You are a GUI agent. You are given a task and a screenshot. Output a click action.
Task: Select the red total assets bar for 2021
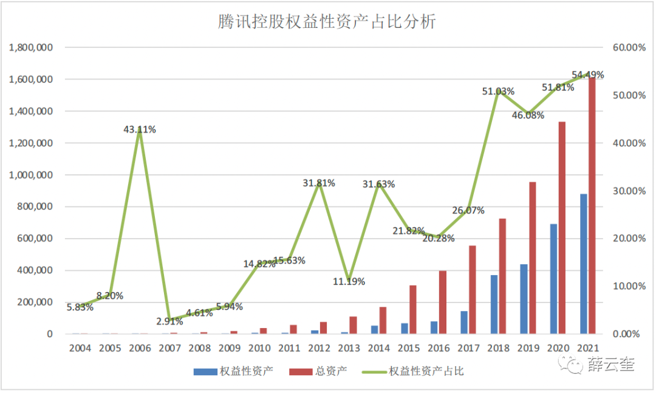click(x=592, y=207)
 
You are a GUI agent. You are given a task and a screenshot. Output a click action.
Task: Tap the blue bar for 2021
click(x=584, y=264)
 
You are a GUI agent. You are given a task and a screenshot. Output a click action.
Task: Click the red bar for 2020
click(x=562, y=228)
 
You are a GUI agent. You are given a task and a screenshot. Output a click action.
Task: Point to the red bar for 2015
click(x=412, y=310)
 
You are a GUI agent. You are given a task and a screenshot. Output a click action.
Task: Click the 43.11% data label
click(x=139, y=129)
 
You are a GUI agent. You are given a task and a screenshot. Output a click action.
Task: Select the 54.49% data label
click(x=587, y=75)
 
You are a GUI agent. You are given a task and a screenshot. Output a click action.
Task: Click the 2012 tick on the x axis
click(x=319, y=349)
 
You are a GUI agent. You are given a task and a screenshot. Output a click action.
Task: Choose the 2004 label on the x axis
click(x=80, y=349)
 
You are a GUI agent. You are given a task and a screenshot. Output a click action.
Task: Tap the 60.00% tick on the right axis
click(x=626, y=47)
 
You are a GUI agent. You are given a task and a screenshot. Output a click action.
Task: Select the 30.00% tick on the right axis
click(x=626, y=191)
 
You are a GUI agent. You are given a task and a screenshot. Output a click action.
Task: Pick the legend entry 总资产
click(x=331, y=371)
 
